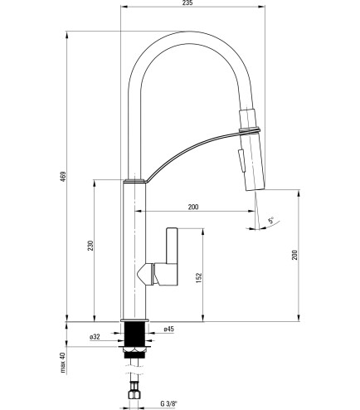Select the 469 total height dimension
point(64,177)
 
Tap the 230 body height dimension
point(90,246)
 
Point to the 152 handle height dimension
point(199,278)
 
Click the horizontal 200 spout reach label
point(193,207)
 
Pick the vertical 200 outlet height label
point(294,255)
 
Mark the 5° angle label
point(271,221)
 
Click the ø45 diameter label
point(168,329)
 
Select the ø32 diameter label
point(95,337)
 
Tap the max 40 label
point(64,363)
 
